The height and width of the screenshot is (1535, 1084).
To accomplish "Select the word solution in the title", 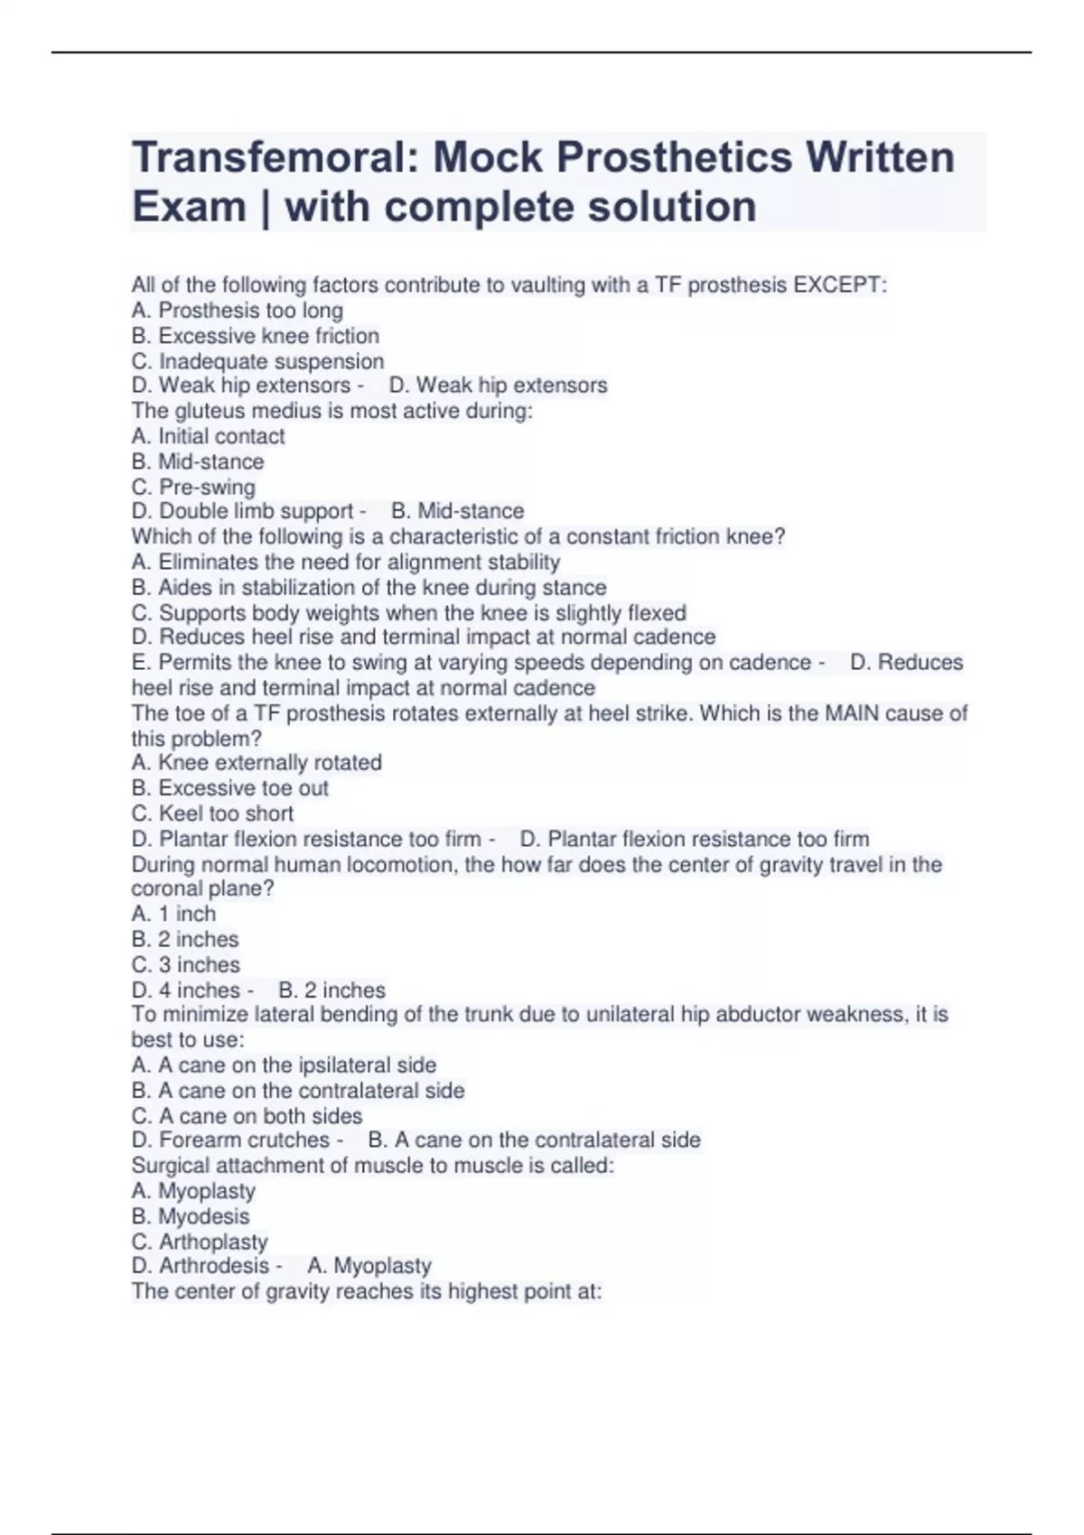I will pyautogui.click(x=672, y=207).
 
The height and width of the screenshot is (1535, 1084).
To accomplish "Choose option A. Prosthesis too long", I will pyautogui.click(x=237, y=311).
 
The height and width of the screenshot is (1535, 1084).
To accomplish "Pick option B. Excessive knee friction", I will pyautogui.click(x=255, y=336).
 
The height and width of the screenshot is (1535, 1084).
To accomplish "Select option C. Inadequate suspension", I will pyautogui.click(x=257, y=361).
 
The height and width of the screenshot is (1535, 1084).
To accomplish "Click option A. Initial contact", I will pyautogui.click(x=208, y=436).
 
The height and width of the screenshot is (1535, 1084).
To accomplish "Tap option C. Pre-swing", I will pyautogui.click(x=193, y=487).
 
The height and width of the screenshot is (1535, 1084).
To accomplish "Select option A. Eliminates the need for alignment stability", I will pyautogui.click(x=346, y=562).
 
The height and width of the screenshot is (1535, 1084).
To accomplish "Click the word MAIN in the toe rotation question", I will pyautogui.click(x=848, y=713).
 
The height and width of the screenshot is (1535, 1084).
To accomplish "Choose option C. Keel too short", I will pyautogui.click(x=212, y=814).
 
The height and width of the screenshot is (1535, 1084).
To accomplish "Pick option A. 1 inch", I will pyautogui.click(x=173, y=914).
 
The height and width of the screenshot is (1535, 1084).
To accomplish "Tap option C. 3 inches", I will pyautogui.click(x=185, y=964).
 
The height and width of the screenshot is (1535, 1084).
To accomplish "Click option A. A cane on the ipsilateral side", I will pyautogui.click(x=284, y=1065).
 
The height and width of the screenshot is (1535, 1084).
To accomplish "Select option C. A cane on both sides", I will pyautogui.click(x=247, y=1116).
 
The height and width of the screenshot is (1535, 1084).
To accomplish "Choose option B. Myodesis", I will pyautogui.click(x=190, y=1216).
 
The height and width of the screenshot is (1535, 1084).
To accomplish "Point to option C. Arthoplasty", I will pyautogui.click(x=200, y=1242).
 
